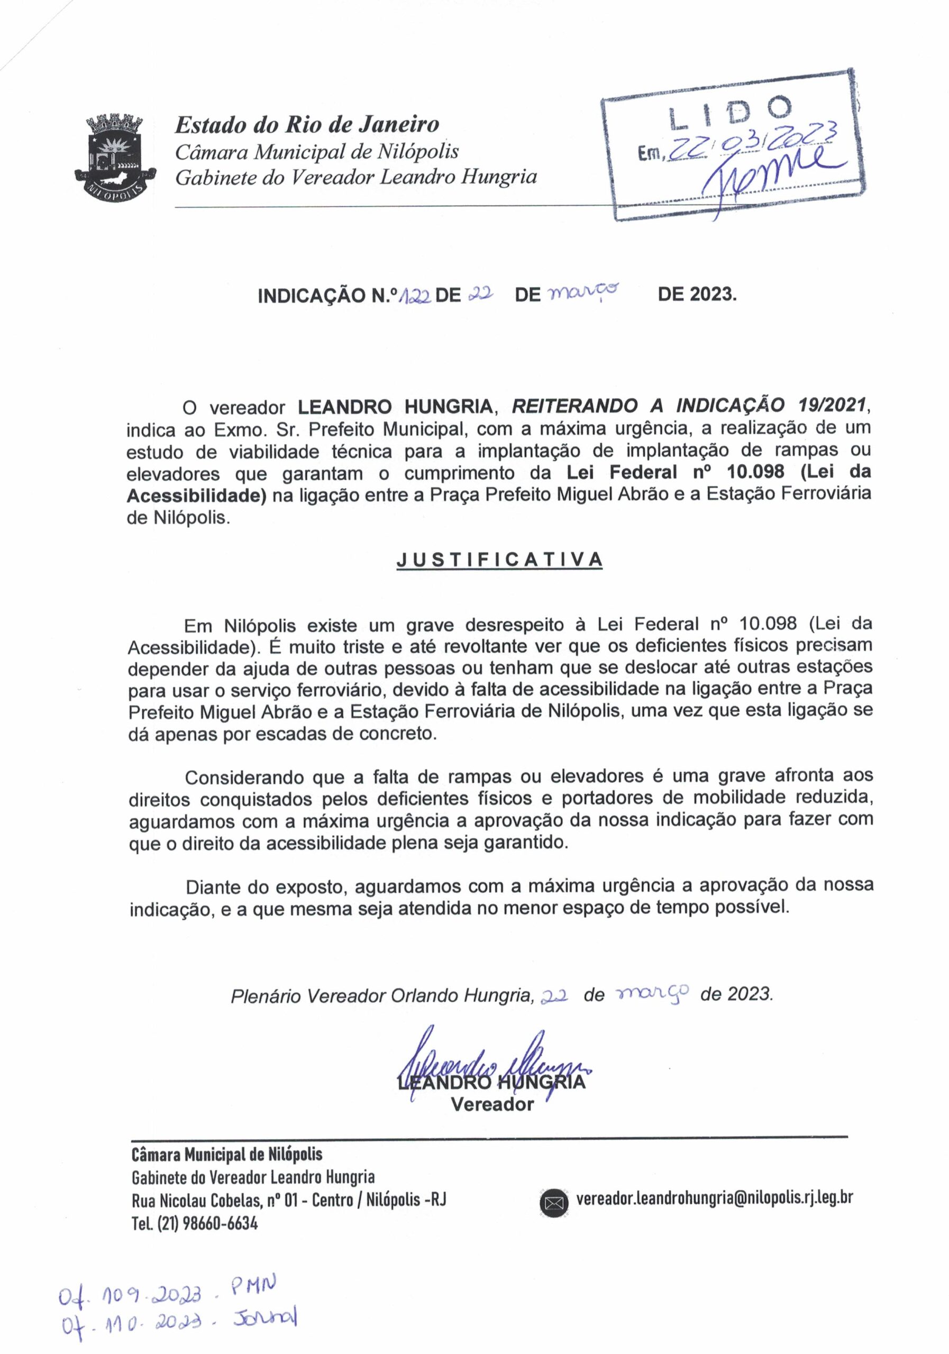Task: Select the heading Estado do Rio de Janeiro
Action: (307, 124)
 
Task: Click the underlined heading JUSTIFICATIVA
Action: (499, 559)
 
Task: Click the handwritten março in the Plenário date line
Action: (652, 993)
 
